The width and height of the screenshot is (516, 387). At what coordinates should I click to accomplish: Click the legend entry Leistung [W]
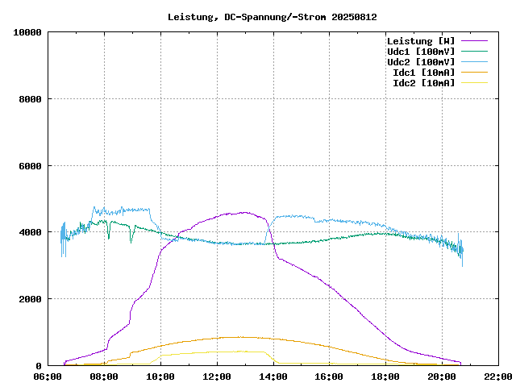tap(421, 40)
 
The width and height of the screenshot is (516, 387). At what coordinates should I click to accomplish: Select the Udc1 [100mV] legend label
tap(421, 51)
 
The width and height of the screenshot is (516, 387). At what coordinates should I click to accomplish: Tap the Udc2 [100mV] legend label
tap(421, 61)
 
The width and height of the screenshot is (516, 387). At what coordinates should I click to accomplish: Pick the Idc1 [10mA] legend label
tap(423, 72)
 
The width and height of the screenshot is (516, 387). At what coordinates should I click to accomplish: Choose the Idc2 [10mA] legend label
tap(423, 82)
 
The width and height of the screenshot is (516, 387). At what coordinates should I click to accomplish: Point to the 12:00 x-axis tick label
tap(217, 377)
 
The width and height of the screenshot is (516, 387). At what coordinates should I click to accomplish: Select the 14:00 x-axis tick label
tap(273, 377)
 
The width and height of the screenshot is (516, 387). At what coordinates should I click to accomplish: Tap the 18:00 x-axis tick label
tap(385, 377)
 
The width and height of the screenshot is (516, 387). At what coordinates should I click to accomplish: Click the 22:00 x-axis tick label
tap(497, 377)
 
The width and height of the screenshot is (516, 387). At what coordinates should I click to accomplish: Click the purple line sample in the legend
tap(474, 40)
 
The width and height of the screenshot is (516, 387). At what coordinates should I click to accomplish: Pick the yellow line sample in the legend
tap(474, 82)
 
